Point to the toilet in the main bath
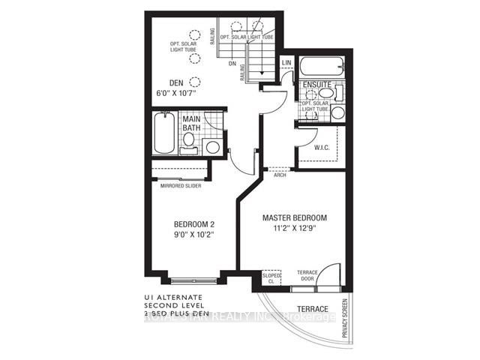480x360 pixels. click(212, 147)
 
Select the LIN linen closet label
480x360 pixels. click(286, 63)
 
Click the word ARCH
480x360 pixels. click(279, 175)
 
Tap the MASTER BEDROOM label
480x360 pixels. click(294, 218)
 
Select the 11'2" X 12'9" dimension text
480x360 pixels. click(294, 229)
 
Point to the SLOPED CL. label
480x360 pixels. click(271, 279)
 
